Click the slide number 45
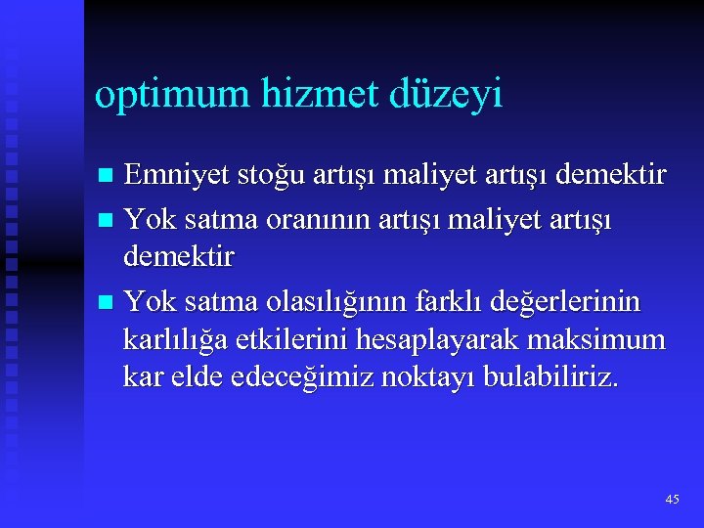tap(672, 499)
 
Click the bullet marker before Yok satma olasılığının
tap(105, 302)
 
